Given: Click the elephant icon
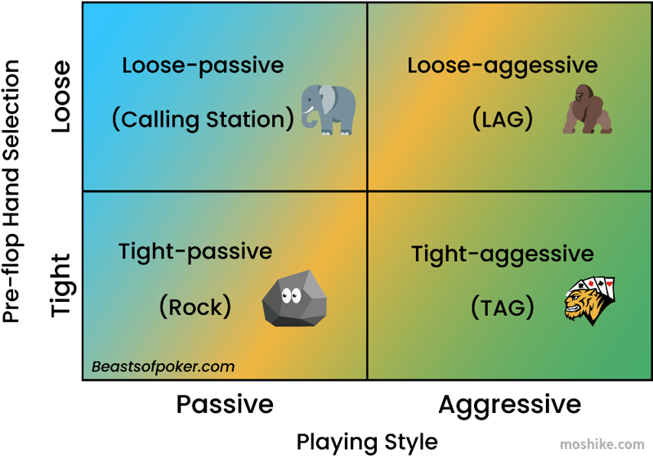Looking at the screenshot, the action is point(329,110).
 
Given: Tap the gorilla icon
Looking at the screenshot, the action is point(587,110).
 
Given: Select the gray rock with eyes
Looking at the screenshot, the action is point(294,299).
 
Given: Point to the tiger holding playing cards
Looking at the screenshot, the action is point(589,301).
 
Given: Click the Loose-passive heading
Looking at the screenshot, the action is point(203,66).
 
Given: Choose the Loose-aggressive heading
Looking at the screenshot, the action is point(503,66).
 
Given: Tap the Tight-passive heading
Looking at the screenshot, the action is point(195,252).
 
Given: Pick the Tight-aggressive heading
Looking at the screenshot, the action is point(503,254).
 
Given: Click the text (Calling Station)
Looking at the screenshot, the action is point(204,119).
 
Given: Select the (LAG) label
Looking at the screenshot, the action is point(503,119).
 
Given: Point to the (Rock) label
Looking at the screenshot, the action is point(195,308).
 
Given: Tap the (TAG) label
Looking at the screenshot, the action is point(503,308).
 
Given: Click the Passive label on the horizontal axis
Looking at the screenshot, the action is point(225,404).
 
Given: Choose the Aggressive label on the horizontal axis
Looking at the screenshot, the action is point(510,405).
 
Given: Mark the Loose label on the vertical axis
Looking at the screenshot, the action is point(61,97).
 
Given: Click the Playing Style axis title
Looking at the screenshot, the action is point(367,442).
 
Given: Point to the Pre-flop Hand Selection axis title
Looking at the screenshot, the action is point(11,191).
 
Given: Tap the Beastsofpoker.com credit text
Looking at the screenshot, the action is point(163,366).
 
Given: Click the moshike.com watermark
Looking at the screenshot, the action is point(602,444).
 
